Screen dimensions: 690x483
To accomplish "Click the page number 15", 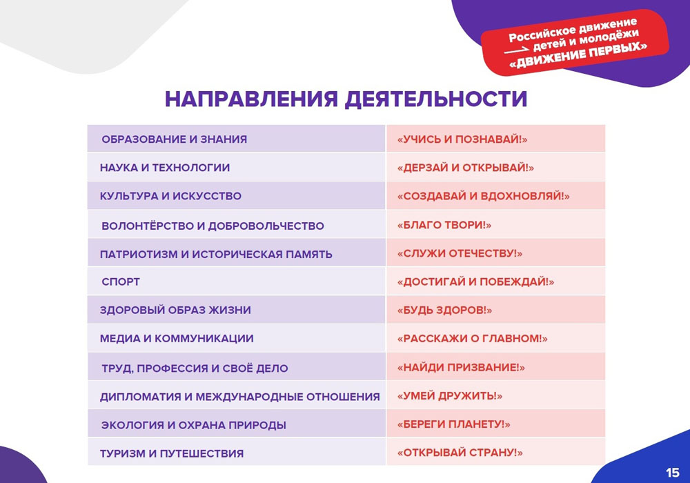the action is pyautogui.click(x=672, y=473).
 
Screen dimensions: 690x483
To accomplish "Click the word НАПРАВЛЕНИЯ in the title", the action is pyautogui.click(x=251, y=99).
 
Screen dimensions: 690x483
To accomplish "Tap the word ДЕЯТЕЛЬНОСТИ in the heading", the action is pyautogui.click(x=435, y=99).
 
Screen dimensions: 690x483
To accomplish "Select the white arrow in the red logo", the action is pyautogui.click(x=517, y=50).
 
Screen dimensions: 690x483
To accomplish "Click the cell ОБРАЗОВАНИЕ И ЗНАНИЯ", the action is pyautogui.click(x=175, y=139).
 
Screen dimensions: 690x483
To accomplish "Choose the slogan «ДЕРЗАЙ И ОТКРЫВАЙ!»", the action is pyautogui.click(x=466, y=168).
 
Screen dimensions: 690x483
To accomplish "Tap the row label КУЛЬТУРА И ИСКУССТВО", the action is pyautogui.click(x=170, y=196).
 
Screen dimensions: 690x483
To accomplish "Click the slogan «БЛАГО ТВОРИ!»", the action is pyautogui.click(x=444, y=225).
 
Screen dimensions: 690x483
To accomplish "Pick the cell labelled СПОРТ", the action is pyautogui.click(x=121, y=282).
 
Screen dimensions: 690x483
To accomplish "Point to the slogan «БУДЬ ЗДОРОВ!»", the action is pyautogui.click(x=444, y=310).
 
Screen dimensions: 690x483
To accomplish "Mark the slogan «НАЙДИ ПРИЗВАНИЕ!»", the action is pyautogui.click(x=461, y=367).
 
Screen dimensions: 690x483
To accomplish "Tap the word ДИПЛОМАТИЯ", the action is pyautogui.click(x=140, y=397).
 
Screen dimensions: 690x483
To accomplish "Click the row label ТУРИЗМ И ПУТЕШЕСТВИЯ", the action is pyautogui.click(x=172, y=453).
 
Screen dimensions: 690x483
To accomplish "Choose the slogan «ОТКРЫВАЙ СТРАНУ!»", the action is pyautogui.click(x=460, y=453).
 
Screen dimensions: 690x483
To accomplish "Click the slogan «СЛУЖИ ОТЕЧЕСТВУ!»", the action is pyautogui.click(x=460, y=253).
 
